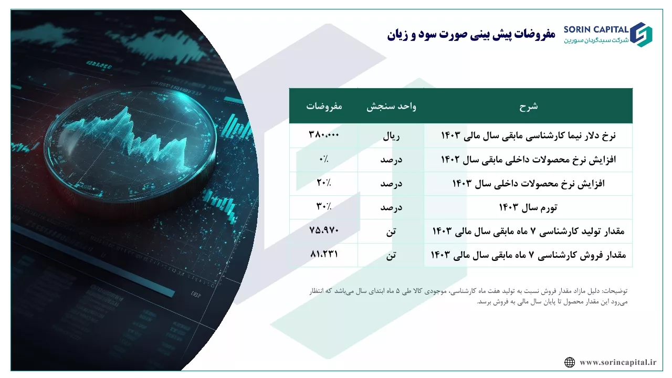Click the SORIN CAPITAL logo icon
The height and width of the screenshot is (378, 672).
(x=641, y=35)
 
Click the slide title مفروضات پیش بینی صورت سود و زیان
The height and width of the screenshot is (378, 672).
(x=471, y=35)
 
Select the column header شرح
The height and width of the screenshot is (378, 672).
(x=529, y=107)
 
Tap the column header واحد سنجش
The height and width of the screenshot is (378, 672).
(x=391, y=107)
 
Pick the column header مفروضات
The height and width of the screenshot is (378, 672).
(x=324, y=106)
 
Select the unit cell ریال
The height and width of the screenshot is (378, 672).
(x=391, y=136)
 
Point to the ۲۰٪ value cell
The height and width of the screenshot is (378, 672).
(x=324, y=182)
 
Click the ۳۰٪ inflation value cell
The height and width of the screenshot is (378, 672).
(x=324, y=206)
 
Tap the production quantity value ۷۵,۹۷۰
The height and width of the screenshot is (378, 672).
(x=324, y=230)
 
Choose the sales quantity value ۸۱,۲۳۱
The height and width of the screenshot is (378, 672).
(x=324, y=254)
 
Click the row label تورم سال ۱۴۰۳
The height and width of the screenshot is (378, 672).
(x=528, y=207)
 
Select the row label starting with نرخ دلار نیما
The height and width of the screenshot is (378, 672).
(x=528, y=135)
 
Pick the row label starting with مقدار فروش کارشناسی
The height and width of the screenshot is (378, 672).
(x=528, y=255)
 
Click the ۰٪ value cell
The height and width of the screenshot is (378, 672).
(x=324, y=159)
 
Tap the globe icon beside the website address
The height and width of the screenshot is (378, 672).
(x=570, y=362)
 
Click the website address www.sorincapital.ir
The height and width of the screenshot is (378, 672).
(x=618, y=362)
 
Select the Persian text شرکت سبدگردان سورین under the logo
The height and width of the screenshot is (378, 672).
(x=596, y=40)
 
